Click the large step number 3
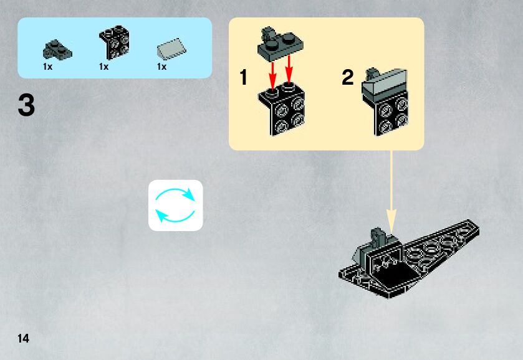26,105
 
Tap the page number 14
23,338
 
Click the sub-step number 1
244,78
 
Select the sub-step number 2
347,78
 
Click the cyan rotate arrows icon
175,205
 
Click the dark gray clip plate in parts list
58,47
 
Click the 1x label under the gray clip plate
47,67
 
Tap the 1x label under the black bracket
103,67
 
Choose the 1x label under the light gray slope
161,67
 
